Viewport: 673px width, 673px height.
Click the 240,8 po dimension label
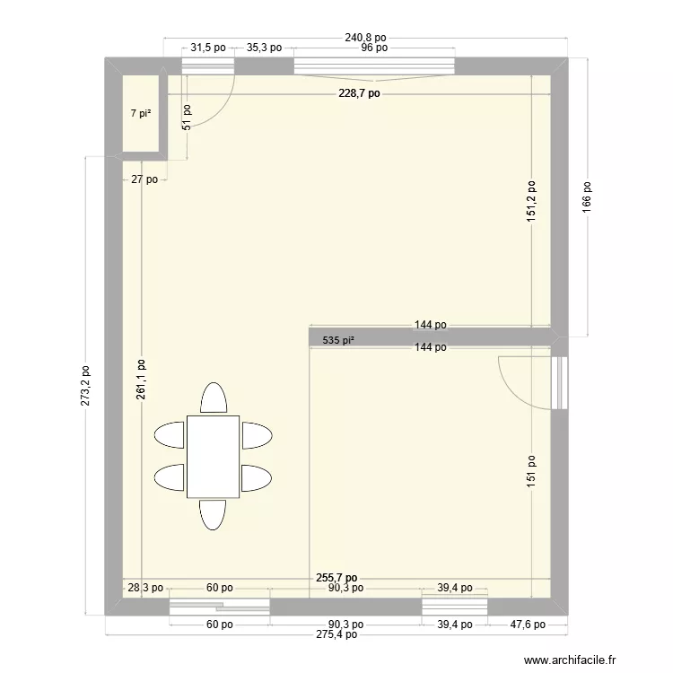point(365,38)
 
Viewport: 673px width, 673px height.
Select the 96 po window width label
point(373,48)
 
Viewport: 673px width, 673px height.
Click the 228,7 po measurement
point(359,92)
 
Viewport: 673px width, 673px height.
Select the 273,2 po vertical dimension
point(85,385)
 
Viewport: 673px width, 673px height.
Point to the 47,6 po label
point(527,625)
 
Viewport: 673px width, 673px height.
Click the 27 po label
point(144,179)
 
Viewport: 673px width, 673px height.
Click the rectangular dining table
point(213,456)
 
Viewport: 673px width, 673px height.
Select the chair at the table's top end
point(213,398)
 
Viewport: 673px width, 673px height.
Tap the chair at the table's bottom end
point(213,514)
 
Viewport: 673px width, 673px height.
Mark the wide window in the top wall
point(373,66)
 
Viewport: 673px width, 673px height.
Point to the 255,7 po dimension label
point(337,579)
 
